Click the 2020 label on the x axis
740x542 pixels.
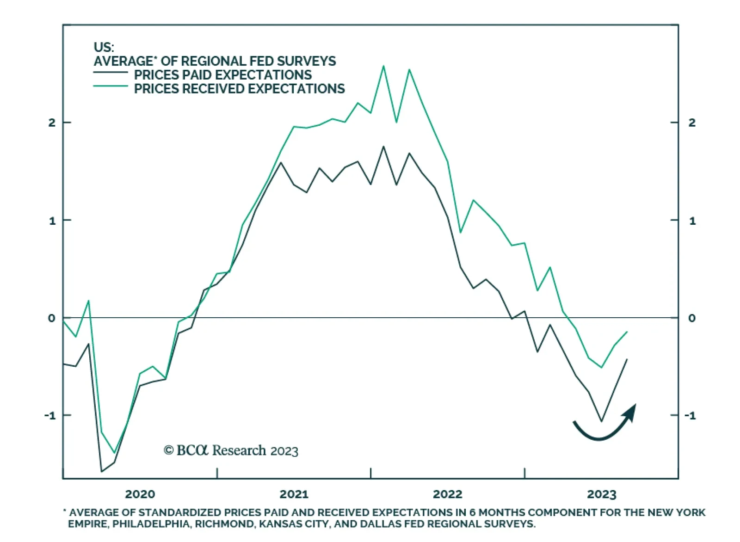[140, 494]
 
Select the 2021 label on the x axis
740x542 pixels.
[294, 494]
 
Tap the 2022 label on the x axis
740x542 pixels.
[447, 494]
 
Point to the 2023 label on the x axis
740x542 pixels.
[601, 494]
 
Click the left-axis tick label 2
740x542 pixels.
[52, 123]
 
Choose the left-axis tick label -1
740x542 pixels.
[50, 415]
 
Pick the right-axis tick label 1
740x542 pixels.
[692, 221]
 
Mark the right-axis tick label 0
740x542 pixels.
[691, 318]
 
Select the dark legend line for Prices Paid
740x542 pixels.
[111, 73]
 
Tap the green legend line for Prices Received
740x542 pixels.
[111, 86]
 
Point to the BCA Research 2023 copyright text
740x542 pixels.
[231, 450]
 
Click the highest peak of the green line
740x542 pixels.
[383, 66]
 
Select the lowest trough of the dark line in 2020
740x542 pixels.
[102, 471]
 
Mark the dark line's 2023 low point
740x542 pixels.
[602, 421]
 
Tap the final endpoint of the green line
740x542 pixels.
[627, 332]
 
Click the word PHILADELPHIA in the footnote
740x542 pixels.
[151, 524]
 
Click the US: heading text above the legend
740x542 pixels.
[104, 47]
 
